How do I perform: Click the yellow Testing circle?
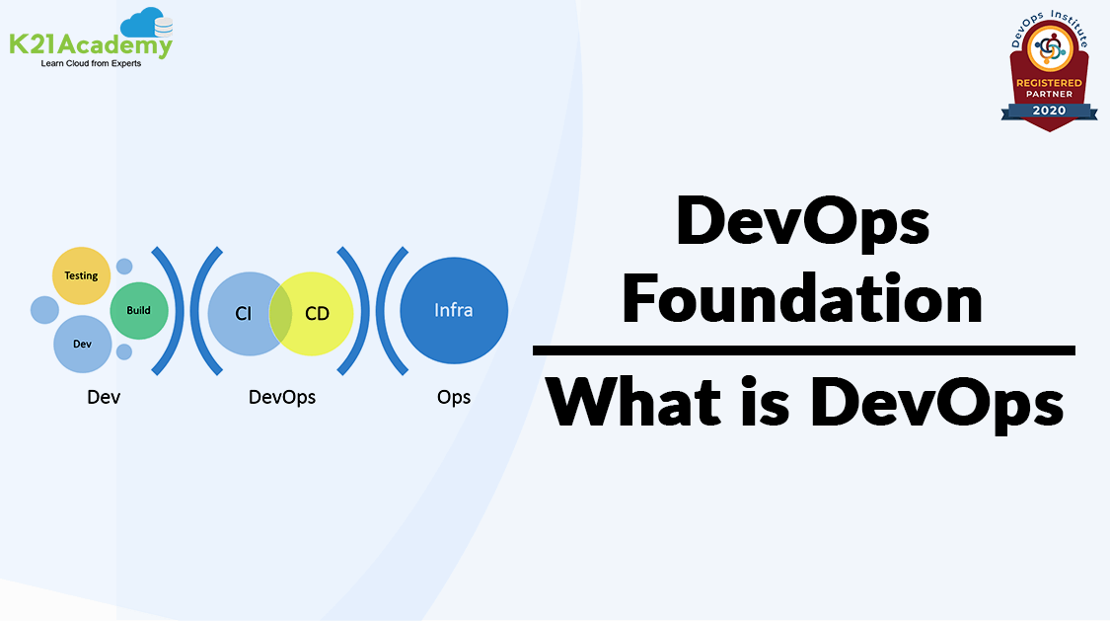tap(82, 275)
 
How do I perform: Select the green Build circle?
tap(139, 310)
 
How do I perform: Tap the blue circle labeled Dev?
tap(83, 345)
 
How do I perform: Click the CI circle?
tap(245, 314)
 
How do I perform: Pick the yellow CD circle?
tap(316, 314)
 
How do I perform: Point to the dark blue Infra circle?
tap(454, 310)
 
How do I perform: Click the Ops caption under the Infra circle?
tap(454, 397)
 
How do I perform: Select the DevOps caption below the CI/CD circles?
tap(282, 397)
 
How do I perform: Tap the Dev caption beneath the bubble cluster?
tap(104, 397)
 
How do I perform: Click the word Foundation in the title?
tap(803, 299)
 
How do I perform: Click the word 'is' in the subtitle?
tap(766, 402)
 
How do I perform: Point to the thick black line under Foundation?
tap(804, 350)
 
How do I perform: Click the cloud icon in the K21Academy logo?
tap(147, 24)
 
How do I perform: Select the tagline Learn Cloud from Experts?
tap(91, 64)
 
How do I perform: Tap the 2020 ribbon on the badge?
tap(1049, 111)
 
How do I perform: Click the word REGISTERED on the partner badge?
tap(1049, 83)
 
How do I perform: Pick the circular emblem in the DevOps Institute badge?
tap(1050, 48)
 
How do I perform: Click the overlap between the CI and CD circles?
tap(280, 314)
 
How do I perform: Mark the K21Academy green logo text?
tap(91, 45)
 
